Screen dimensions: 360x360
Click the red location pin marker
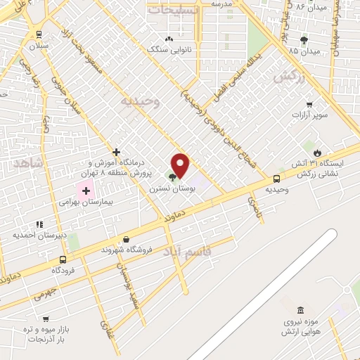181,165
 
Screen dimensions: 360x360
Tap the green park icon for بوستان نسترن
172,176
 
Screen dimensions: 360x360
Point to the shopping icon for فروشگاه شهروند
126,239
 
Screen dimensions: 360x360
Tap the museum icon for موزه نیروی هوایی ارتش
300,310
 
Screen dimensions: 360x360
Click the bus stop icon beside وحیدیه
277,179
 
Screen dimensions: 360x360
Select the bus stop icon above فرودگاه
63,259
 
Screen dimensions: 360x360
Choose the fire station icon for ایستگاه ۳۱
317,153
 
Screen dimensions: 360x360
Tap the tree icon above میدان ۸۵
303,40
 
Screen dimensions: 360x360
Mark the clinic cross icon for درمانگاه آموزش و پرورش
116,151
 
